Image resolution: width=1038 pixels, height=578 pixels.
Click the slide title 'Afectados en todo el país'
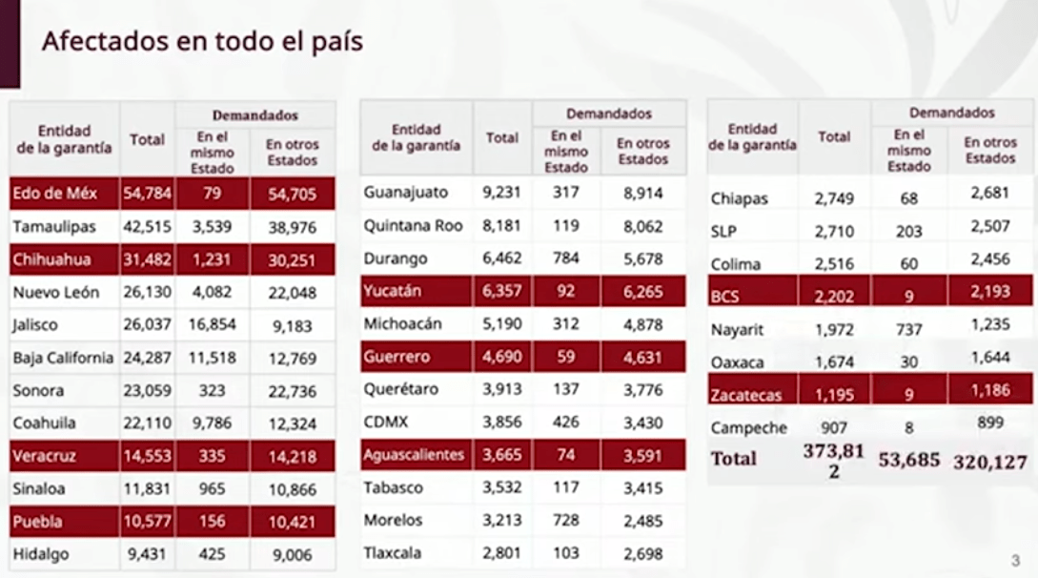click(x=202, y=43)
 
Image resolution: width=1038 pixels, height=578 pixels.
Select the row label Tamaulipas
click(x=54, y=227)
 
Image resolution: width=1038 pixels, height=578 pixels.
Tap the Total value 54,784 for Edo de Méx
click(x=147, y=195)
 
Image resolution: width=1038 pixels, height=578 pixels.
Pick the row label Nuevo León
click(x=56, y=292)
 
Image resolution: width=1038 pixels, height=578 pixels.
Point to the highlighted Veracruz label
click(x=44, y=455)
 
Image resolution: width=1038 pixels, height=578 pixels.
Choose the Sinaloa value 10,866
click(x=293, y=488)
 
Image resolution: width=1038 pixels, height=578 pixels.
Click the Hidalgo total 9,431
click(x=146, y=553)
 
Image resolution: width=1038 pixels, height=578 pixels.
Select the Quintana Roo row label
click(x=415, y=225)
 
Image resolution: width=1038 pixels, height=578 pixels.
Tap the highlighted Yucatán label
click(x=392, y=290)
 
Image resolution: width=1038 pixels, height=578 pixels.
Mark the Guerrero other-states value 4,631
click(x=643, y=357)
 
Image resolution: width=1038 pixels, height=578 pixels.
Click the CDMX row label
click(x=386, y=423)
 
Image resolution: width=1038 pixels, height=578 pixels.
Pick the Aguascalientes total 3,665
click(x=501, y=455)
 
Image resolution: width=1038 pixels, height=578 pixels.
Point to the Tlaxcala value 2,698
click(x=643, y=553)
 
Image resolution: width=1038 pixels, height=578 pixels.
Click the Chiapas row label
click(x=740, y=199)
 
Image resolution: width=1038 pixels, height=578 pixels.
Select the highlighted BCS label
click(x=724, y=297)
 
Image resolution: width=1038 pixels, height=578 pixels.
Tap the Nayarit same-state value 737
click(x=908, y=330)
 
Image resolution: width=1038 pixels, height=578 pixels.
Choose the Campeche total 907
click(x=834, y=428)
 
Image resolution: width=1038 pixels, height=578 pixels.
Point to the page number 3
click(x=1015, y=560)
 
